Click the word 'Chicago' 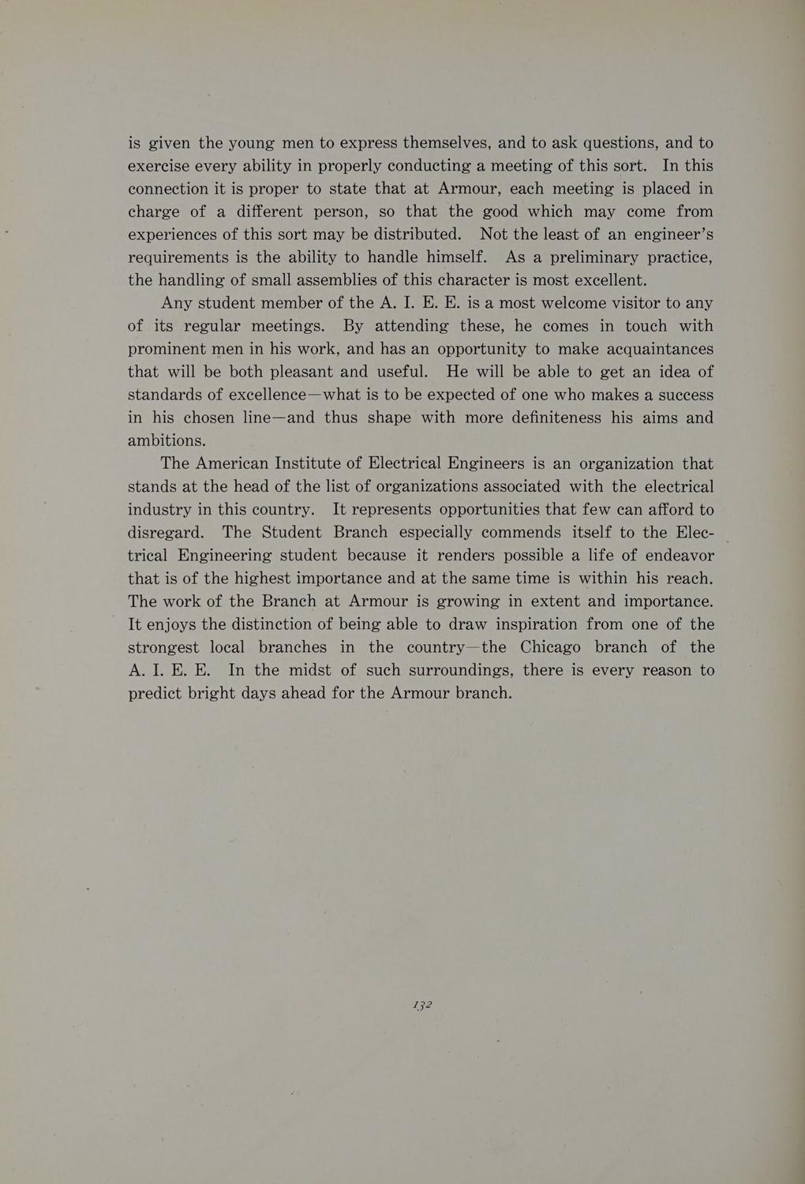[x=551, y=647]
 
